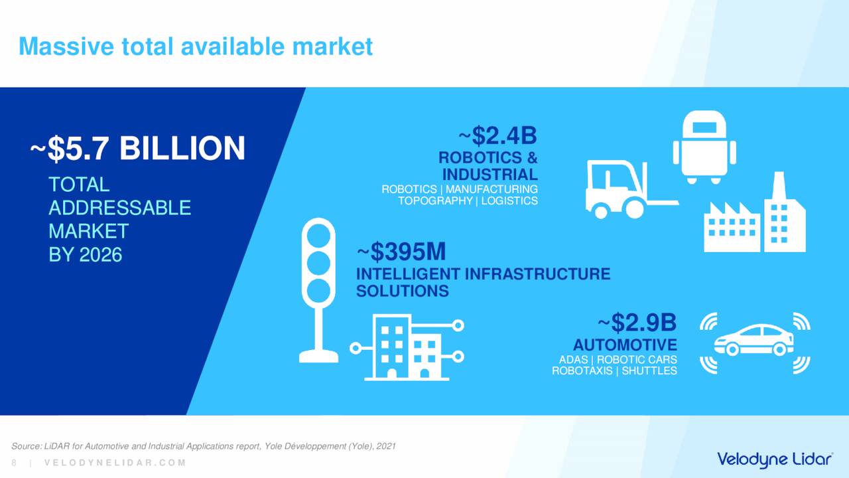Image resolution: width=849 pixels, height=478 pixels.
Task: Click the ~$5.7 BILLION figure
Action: click(x=138, y=148)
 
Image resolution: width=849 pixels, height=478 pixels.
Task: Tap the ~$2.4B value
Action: click(x=498, y=136)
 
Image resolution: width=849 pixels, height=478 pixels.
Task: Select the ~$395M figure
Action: click(x=401, y=252)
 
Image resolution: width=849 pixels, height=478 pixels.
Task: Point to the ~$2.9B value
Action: click(x=637, y=323)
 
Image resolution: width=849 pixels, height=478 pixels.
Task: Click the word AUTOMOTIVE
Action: click(x=625, y=345)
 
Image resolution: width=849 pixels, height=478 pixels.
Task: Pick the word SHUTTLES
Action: click(x=649, y=370)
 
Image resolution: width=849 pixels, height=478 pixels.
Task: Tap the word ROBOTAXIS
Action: click(x=582, y=370)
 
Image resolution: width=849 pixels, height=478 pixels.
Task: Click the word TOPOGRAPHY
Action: click(x=435, y=200)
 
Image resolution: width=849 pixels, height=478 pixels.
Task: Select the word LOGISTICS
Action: click(x=509, y=200)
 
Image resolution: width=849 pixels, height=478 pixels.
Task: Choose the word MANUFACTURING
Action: click(x=491, y=189)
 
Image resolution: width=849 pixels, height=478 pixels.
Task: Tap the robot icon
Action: click(x=704, y=147)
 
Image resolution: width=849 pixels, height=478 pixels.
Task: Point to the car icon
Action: click(x=754, y=340)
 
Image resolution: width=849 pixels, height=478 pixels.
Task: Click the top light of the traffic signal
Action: click(x=318, y=235)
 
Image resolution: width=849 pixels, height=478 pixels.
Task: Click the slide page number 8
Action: click(x=14, y=463)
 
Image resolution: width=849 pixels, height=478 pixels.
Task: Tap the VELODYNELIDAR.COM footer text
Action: click(x=115, y=463)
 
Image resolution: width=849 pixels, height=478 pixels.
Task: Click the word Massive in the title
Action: click(x=66, y=46)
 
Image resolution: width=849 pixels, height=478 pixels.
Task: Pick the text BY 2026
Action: click(x=86, y=254)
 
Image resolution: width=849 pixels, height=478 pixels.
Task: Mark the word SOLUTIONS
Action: click(x=403, y=291)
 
